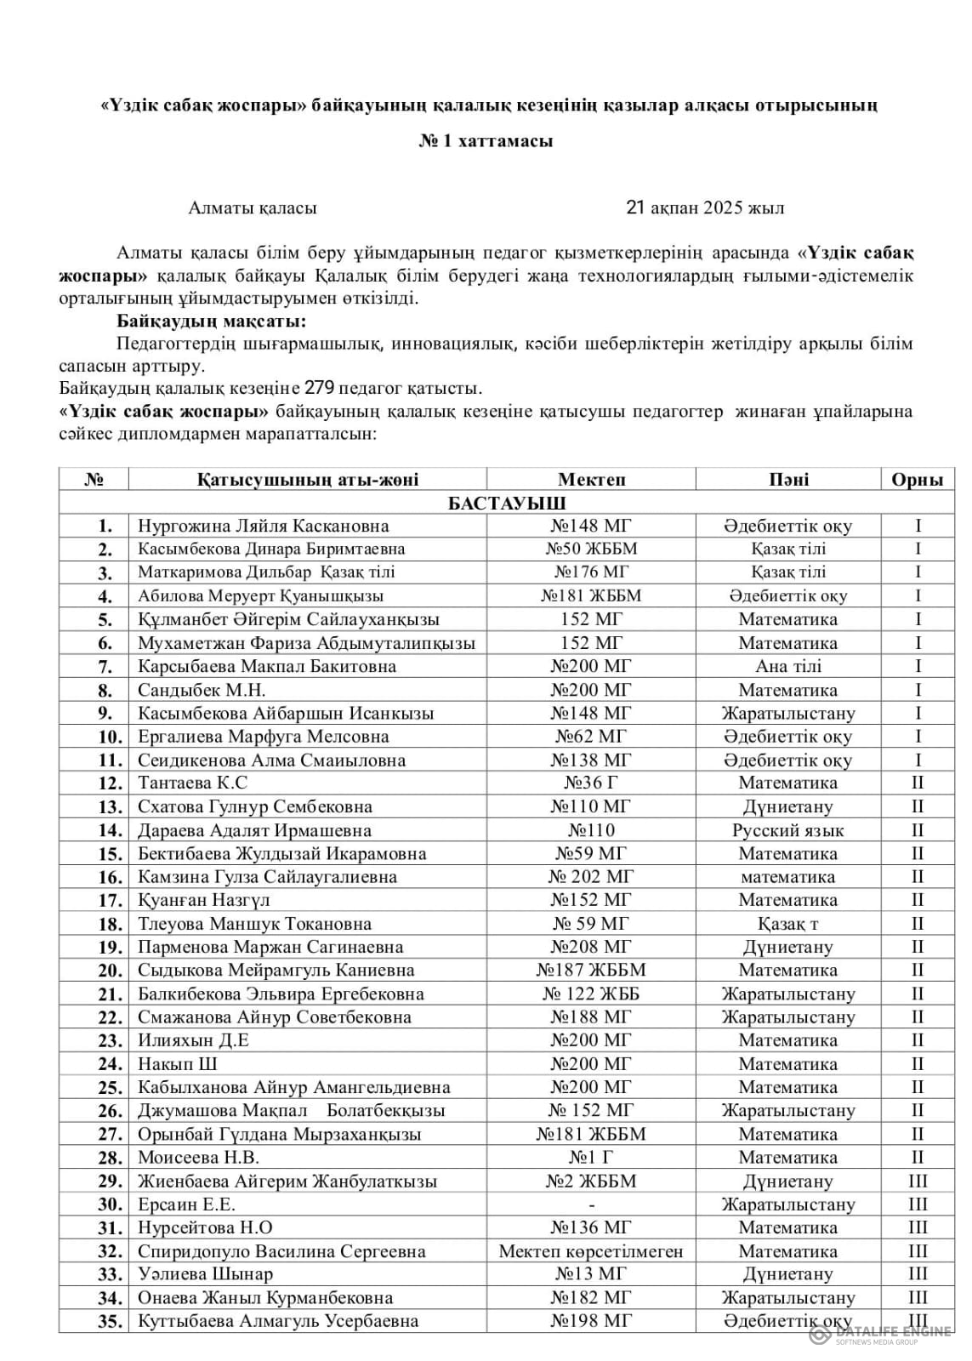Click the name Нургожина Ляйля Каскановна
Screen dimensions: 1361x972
coord(263,526)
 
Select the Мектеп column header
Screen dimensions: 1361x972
coord(591,480)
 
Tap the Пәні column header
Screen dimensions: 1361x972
coord(787,480)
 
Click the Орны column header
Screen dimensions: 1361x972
coord(917,480)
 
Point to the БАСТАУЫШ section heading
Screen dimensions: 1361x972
coord(507,503)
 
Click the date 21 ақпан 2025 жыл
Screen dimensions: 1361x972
coord(704,208)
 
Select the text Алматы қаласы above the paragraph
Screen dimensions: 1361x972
coord(253,208)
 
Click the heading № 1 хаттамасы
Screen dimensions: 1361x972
coord(486,141)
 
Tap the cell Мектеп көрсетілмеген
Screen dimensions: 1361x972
coord(591,1251)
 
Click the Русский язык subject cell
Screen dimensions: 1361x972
coord(787,830)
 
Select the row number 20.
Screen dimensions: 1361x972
coord(111,971)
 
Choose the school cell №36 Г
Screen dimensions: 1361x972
coord(591,783)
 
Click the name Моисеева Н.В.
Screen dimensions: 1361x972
coord(198,1158)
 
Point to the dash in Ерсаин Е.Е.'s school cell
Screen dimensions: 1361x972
coord(591,1204)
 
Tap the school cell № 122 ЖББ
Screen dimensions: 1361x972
coord(591,994)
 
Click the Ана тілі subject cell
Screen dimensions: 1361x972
coord(787,666)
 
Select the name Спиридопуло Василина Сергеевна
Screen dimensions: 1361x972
coord(281,1251)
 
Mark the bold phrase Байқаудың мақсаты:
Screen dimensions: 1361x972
coord(211,322)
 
